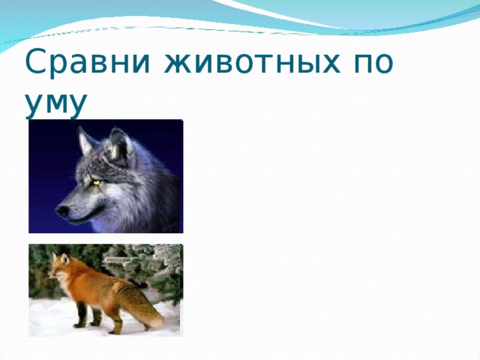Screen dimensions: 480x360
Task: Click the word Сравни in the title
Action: pyautogui.click(x=87, y=61)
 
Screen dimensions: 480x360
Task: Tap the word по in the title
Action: pyautogui.click(x=373, y=63)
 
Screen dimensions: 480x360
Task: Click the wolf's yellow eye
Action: pyautogui.click(x=97, y=182)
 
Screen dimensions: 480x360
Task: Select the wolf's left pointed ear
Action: pyautogui.click(x=85, y=141)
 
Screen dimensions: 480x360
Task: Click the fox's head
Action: pyautogui.click(x=59, y=266)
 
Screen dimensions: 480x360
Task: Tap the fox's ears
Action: pyautogui.click(x=60, y=258)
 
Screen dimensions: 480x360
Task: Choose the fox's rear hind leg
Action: pyautogui.click(x=115, y=322)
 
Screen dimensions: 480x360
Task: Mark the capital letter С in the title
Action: pyautogui.click(x=37, y=61)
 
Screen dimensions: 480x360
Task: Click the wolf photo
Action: pyautogui.click(x=106, y=176)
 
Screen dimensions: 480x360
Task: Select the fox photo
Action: pyautogui.click(x=106, y=290)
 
